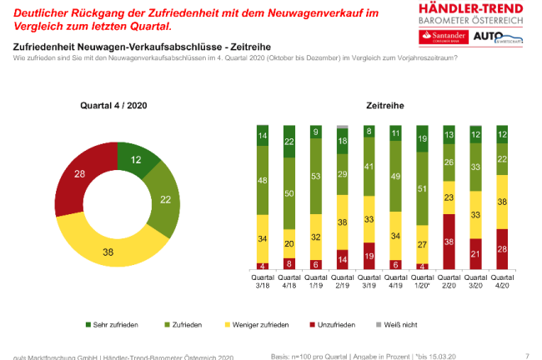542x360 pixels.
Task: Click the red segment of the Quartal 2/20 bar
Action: [448, 242]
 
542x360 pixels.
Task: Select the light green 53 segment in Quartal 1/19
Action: [315, 177]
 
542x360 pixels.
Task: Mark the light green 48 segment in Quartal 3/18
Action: [262, 178]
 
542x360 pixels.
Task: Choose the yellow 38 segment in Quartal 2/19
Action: [342, 222]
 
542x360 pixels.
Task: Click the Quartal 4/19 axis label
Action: [394, 282]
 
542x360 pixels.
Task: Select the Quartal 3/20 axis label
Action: [474, 282]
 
